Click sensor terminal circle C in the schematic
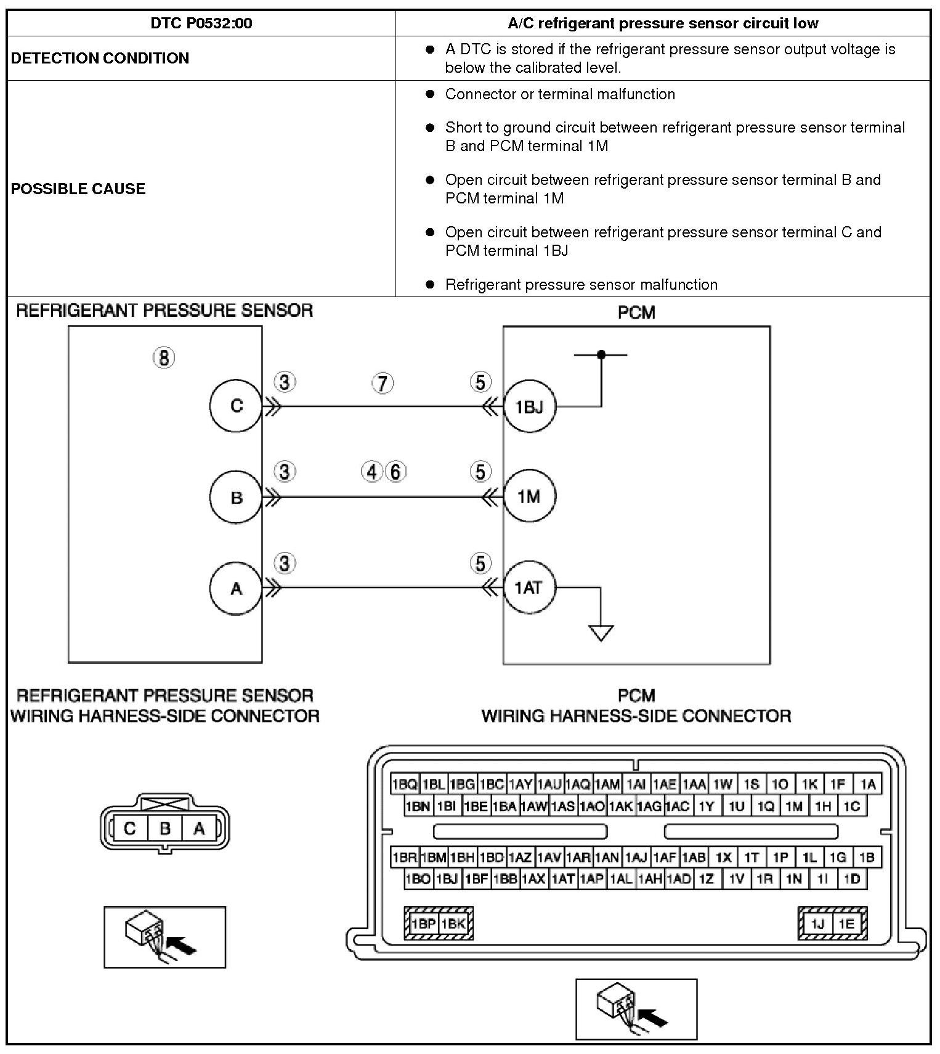point(236,406)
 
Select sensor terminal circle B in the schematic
point(236,497)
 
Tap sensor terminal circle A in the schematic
point(236,589)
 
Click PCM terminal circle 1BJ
point(529,407)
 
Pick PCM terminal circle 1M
point(529,497)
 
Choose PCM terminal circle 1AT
point(529,587)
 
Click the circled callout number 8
point(164,357)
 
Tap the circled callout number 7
point(383,383)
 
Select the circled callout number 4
point(371,472)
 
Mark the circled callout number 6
point(395,472)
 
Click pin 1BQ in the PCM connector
point(405,785)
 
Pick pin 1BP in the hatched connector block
point(423,923)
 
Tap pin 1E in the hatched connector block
point(846,923)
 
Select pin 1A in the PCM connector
point(868,785)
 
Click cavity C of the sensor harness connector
point(129,828)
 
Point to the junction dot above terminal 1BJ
point(601,354)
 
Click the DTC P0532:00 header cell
point(201,23)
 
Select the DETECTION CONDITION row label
point(100,58)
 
